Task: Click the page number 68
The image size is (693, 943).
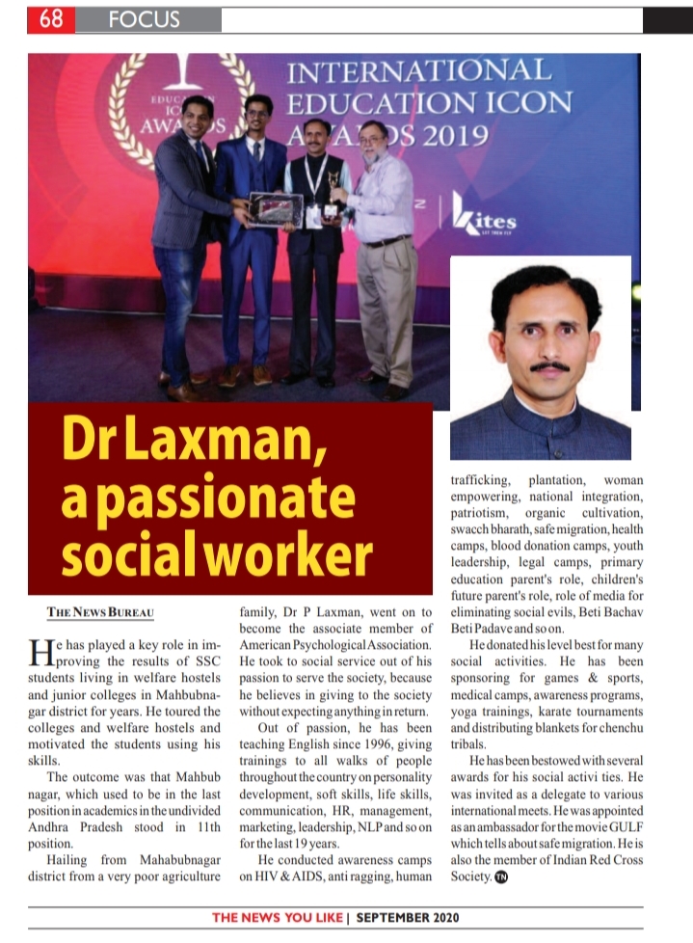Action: pyautogui.click(x=51, y=19)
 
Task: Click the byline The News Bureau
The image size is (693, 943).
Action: pyautogui.click(x=100, y=612)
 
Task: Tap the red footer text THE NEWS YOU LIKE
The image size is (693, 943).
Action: pyautogui.click(x=277, y=917)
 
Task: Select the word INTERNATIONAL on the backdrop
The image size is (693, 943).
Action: pyautogui.click(x=419, y=71)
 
